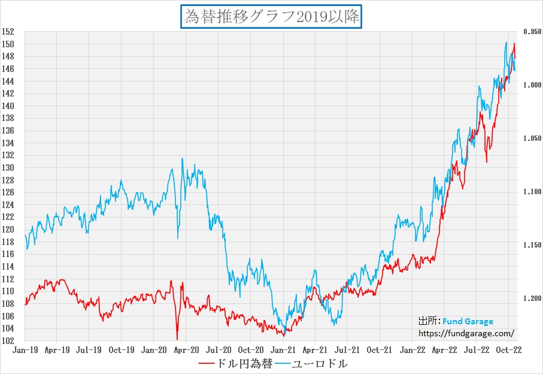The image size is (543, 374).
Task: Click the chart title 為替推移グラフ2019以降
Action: point(271,17)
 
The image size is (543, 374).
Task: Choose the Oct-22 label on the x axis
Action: point(509,349)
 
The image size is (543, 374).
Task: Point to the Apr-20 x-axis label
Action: point(186,349)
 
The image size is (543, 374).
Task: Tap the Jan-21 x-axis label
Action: point(283,349)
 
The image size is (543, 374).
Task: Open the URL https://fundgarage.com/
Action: point(465,333)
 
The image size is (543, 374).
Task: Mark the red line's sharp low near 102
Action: point(177,339)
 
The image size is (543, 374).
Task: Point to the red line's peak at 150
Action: point(514,44)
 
